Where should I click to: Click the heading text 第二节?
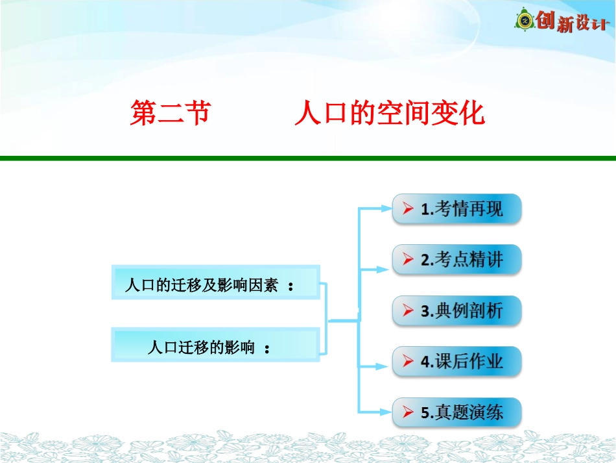click(x=170, y=114)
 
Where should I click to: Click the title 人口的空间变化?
click(x=389, y=114)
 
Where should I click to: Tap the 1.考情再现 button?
click(x=456, y=209)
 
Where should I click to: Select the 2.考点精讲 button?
click(x=456, y=260)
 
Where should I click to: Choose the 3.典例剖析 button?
click(x=456, y=310)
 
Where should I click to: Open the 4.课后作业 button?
click(x=456, y=362)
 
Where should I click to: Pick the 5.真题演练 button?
click(x=456, y=412)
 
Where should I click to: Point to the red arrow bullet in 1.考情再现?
click(x=408, y=209)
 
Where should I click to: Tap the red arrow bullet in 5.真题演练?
click(x=408, y=412)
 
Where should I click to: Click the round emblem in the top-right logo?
click(x=524, y=21)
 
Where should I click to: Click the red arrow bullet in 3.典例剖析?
click(x=408, y=311)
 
